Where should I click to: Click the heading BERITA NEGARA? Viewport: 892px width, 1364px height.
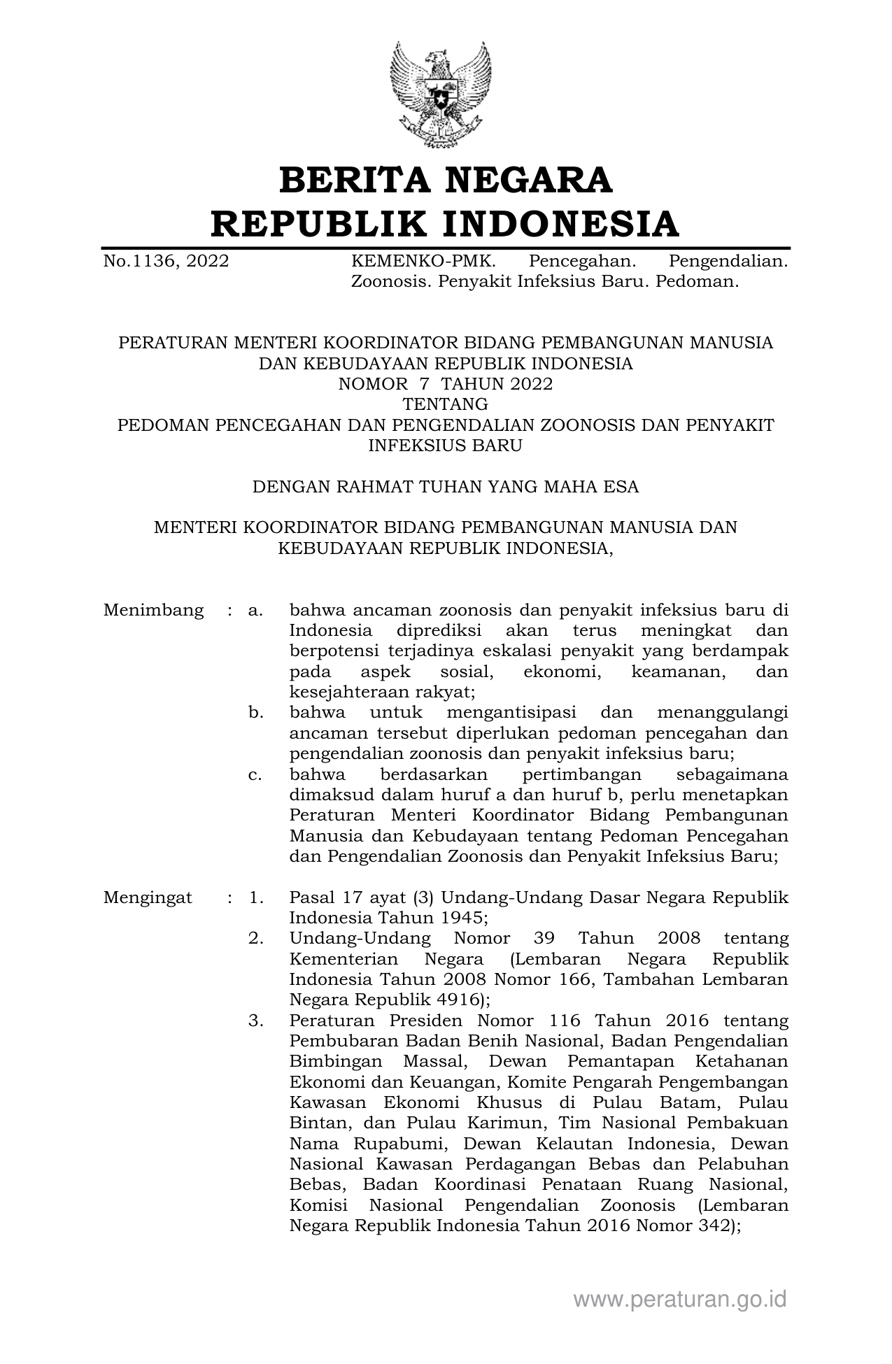[446, 180]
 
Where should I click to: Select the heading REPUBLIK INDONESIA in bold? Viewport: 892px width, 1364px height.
[446, 224]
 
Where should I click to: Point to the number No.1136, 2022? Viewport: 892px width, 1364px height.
[166, 262]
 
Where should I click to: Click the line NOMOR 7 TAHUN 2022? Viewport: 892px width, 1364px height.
[446, 384]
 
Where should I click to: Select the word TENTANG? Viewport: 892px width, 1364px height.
[446, 404]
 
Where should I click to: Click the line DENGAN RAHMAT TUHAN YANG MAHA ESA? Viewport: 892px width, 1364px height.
[446, 487]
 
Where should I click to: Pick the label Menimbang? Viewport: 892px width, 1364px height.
[153, 610]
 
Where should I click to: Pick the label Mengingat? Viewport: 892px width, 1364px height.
[148, 898]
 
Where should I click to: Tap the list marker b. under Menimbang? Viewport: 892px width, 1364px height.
[255, 713]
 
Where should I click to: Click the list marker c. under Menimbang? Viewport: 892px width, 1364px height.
[255, 775]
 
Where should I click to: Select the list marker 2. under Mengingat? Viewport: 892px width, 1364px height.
[255, 939]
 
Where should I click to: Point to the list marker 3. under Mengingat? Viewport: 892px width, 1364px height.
[255, 1021]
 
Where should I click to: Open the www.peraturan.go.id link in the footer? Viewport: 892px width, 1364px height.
[680, 1300]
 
